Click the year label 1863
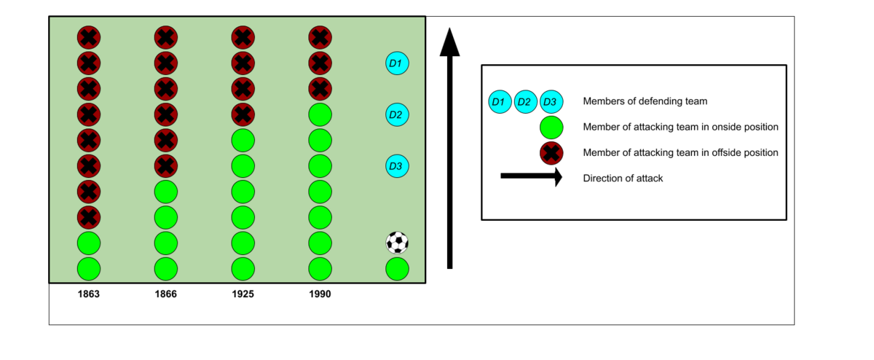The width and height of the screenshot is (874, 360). [88, 294]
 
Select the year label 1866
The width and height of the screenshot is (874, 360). [165, 294]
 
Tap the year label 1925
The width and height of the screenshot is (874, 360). [243, 294]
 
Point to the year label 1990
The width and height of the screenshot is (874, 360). [320, 294]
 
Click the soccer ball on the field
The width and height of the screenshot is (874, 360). [397, 243]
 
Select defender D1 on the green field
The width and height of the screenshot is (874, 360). [397, 63]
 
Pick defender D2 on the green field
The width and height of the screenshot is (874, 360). [397, 114]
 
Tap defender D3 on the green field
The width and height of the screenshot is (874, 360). [397, 166]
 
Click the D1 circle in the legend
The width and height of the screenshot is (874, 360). [499, 101]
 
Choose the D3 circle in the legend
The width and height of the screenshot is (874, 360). [551, 101]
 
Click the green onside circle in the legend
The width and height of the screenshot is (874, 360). [551, 127]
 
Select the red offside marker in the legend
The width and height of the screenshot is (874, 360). [551, 153]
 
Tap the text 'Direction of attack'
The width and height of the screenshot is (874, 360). [623, 178]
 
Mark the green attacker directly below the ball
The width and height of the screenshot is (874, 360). [397, 268]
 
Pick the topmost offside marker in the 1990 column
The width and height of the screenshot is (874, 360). [320, 37]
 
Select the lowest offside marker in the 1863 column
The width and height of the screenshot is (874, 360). [88, 217]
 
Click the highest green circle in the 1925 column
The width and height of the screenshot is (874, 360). [243, 140]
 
